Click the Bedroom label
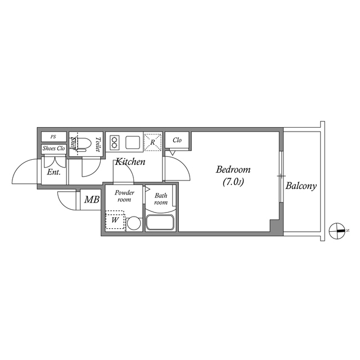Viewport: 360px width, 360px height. coord(233,169)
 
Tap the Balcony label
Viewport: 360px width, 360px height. coord(301,186)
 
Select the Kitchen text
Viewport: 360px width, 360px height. coord(130,162)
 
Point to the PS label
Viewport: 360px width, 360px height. coord(53,137)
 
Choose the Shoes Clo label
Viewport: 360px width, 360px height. coord(54,148)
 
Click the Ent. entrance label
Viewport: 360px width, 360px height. coord(54,172)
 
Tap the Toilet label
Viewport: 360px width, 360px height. coord(97,145)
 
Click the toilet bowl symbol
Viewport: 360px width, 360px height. coord(81,144)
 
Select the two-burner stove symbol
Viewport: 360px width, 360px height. coord(115,141)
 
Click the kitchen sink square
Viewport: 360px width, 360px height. coord(134,141)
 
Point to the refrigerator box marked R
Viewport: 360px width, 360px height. coord(152,142)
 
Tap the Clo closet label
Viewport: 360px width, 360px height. coord(177,140)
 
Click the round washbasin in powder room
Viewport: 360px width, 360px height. coord(133,223)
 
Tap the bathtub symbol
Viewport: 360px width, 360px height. coord(161,222)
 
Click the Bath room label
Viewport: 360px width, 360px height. coord(161,199)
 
